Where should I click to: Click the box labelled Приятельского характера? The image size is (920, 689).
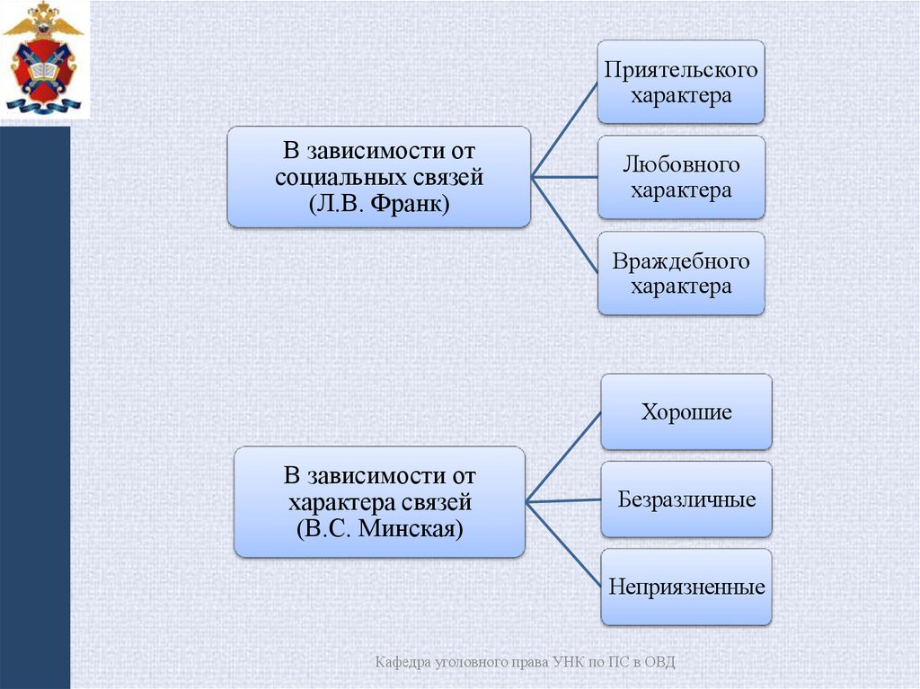(681, 82)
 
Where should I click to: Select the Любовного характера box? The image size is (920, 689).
(681, 177)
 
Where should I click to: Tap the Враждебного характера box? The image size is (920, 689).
(681, 273)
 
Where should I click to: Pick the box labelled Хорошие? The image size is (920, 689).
(686, 412)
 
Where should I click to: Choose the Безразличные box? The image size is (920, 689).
(686, 499)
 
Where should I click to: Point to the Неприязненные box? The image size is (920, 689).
(686, 587)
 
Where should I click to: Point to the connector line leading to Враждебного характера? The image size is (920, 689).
(565, 224)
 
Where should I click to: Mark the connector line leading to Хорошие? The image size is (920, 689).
(563, 456)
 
